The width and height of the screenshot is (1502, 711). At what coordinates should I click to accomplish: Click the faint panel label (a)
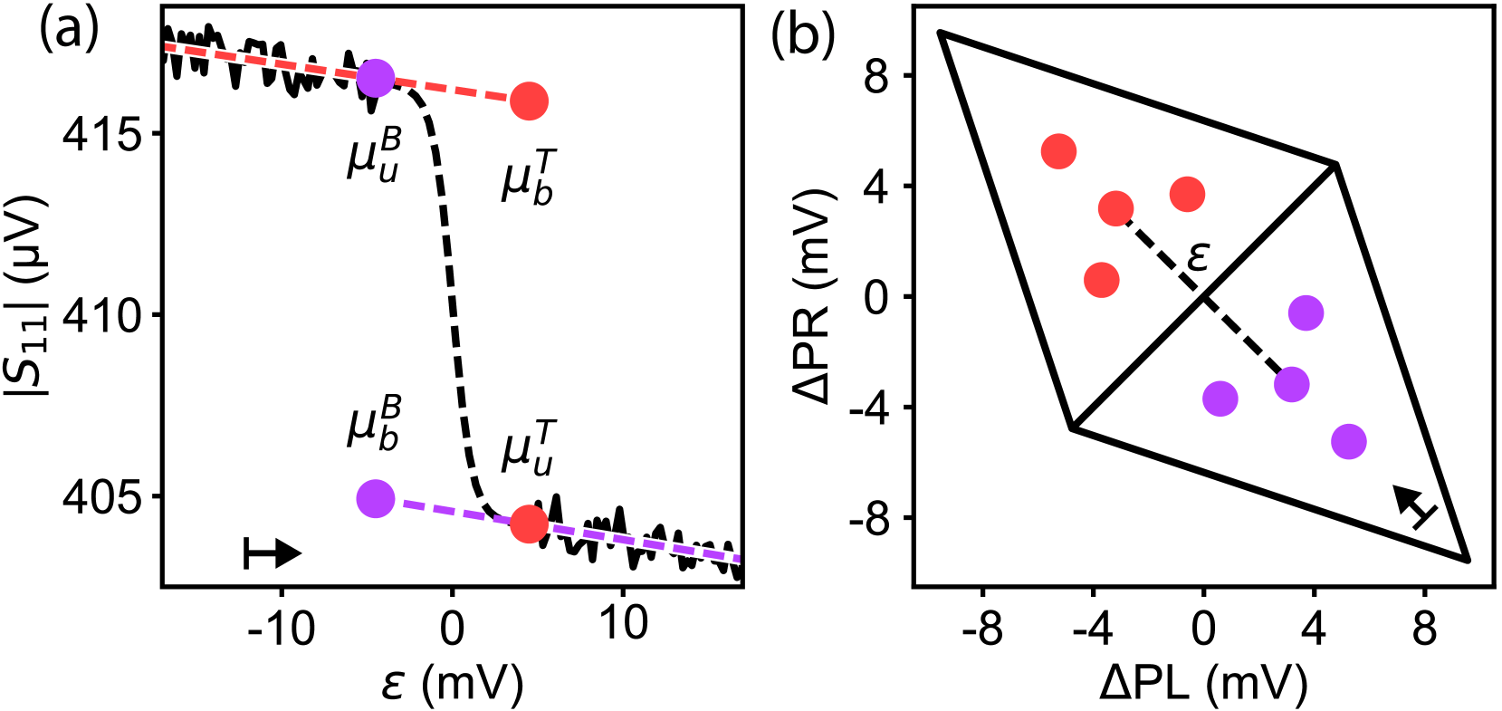[69, 33]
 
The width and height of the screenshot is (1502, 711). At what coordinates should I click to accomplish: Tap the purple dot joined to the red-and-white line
[376, 78]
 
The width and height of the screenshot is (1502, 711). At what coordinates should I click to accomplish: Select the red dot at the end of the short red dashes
[529, 101]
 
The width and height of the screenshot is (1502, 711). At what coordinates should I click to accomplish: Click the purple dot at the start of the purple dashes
[376, 498]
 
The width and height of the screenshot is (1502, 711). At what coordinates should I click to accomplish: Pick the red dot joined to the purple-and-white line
[529, 524]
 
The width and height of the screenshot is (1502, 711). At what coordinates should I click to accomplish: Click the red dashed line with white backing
[263, 61]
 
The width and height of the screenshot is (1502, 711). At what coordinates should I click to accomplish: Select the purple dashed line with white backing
[643, 543]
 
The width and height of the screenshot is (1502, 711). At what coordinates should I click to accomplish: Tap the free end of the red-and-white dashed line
[167, 46]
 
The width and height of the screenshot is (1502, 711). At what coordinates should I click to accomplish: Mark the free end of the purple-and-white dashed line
[738, 558]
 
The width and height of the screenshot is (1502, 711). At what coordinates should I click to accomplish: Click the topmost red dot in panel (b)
[1058, 151]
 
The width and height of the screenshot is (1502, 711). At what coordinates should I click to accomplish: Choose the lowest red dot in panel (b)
[1101, 280]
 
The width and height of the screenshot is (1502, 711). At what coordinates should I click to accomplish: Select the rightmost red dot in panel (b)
[1187, 194]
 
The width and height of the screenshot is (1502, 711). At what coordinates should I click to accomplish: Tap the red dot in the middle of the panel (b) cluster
[1115, 208]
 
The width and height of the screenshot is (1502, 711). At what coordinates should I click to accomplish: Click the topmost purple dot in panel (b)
[1306, 312]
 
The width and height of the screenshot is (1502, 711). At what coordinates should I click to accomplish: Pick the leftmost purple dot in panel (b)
[1220, 399]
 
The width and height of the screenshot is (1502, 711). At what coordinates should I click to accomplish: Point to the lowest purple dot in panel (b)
[1348, 441]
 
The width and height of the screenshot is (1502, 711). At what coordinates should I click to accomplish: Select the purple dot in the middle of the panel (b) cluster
[1291, 384]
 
